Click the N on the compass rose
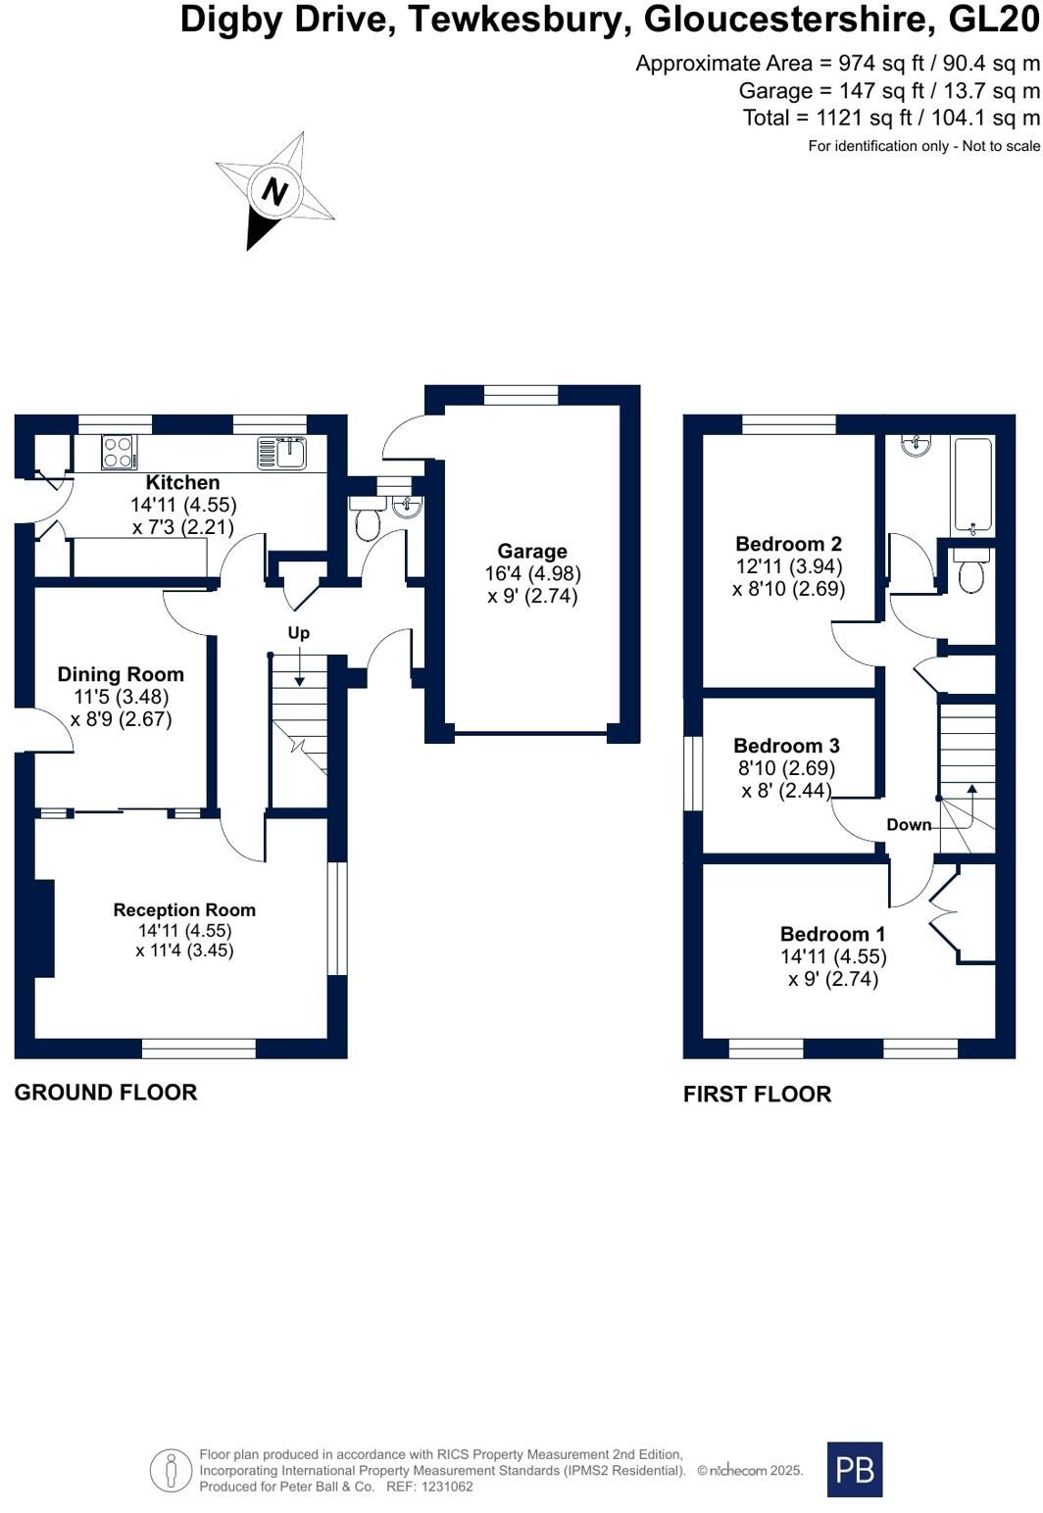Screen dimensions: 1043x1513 pos(273,192)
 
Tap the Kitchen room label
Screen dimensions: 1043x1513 pos(183,482)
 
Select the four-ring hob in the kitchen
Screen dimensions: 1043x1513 pos(119,451)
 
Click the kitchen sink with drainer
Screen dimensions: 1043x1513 pos(281,452)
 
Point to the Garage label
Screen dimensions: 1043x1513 pos(532,551)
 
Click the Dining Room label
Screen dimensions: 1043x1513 pos(121,674)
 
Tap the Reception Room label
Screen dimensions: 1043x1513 pos(184,909)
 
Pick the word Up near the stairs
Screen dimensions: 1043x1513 pos(299,633)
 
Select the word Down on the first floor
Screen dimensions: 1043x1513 pos(909,825)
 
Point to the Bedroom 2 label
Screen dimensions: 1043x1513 pos(789,544)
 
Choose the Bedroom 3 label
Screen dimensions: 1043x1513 pos(786,746)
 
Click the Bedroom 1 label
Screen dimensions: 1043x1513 pos(832,934)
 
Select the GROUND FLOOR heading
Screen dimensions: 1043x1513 pos(106,1093)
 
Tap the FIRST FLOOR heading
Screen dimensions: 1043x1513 pos(758,1095)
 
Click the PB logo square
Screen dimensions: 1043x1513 pos(855,1470)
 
